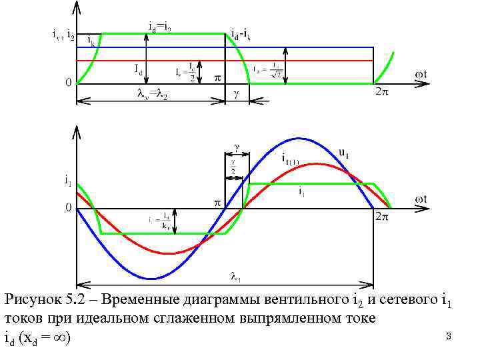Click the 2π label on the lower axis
tap(381, 217)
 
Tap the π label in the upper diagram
tap(217, 77)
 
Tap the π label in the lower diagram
tap(217, 202)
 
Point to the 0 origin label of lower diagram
tap(68, 208)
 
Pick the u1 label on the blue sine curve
tap(344, 153)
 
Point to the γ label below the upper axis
tap(236, 95)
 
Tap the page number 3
tap(449, 337)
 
